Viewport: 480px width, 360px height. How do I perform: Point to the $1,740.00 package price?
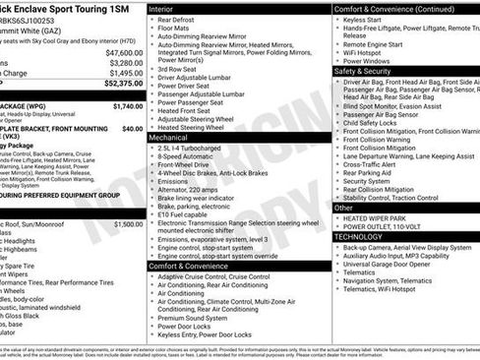pos(127,105)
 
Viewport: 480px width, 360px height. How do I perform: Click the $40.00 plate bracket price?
pos(132,127)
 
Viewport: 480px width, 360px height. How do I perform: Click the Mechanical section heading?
pos(176,138)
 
